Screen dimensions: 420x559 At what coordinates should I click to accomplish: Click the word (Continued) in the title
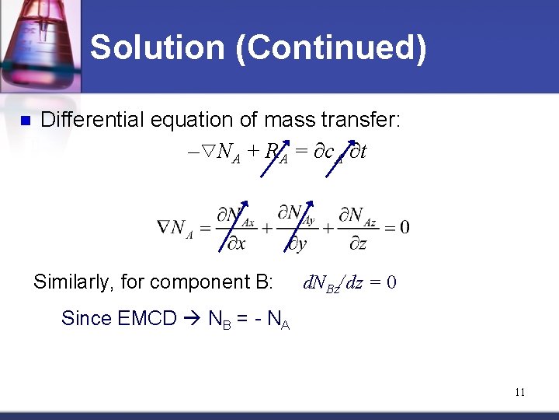(332, 47)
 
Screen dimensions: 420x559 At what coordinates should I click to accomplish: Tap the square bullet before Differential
(24, 121)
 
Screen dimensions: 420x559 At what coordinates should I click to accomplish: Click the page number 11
(519, 392)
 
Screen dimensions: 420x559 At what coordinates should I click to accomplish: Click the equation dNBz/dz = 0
(349, 282)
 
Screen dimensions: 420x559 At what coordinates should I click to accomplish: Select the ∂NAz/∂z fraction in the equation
(358, 228)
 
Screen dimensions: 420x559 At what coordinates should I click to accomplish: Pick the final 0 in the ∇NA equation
(404, 227)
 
